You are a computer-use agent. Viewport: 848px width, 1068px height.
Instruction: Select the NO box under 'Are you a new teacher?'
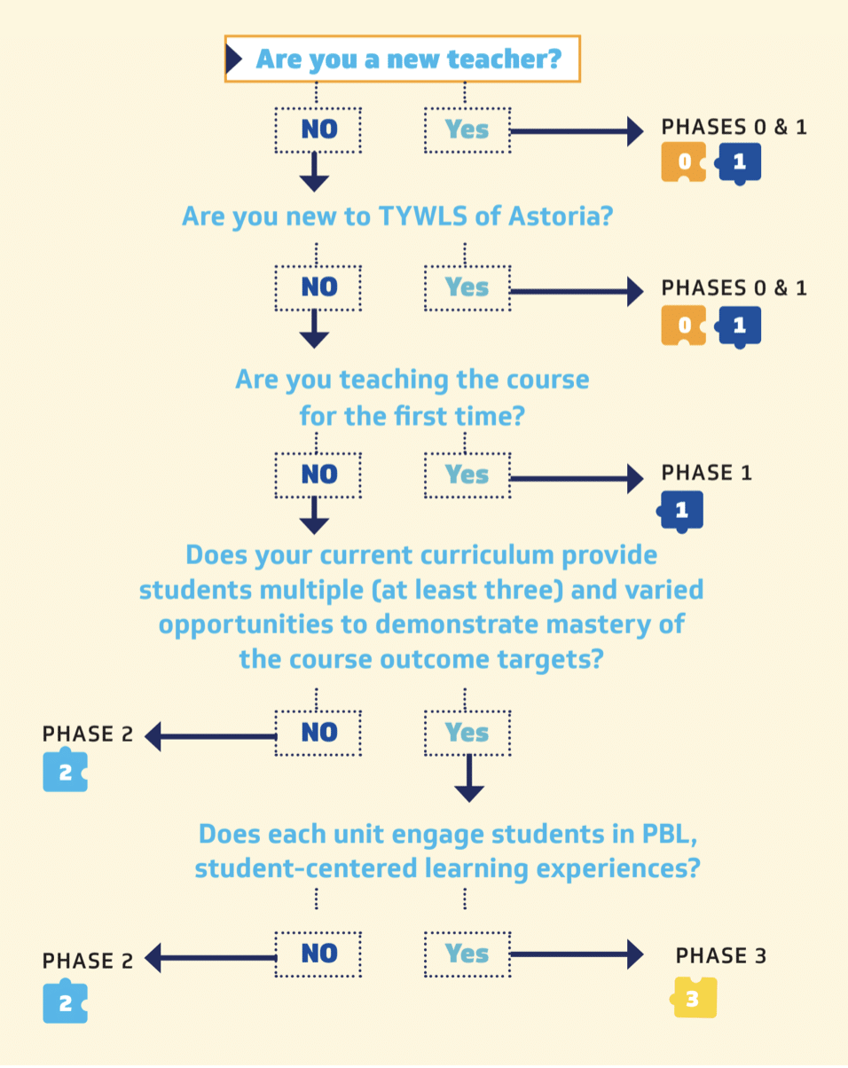(318, 130)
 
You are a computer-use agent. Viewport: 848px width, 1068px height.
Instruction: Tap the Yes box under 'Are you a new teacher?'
(467, 130)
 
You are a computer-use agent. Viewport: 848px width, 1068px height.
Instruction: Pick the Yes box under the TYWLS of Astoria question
(467, 287)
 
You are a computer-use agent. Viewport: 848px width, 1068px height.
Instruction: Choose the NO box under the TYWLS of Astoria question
(318, 287)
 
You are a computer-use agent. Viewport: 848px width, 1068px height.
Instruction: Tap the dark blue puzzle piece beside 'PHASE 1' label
(681, 511)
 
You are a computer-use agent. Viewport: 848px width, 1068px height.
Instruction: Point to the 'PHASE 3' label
(721, 956)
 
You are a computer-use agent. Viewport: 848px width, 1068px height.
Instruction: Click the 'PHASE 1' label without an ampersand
(707, 473)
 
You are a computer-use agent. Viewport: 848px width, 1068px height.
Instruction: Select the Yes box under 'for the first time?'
(467, 475)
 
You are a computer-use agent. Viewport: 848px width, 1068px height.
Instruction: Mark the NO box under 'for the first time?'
(318, 475)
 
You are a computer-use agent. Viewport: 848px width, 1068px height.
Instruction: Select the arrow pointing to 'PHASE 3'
(577, 954)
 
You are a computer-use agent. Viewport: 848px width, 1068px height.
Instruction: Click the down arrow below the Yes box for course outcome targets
(468, 780)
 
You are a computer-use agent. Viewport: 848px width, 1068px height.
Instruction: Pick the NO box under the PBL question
(318, 954)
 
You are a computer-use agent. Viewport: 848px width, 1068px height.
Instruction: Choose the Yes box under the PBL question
(467, 954)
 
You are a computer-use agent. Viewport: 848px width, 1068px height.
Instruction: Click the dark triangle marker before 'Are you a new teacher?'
(235, 59)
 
